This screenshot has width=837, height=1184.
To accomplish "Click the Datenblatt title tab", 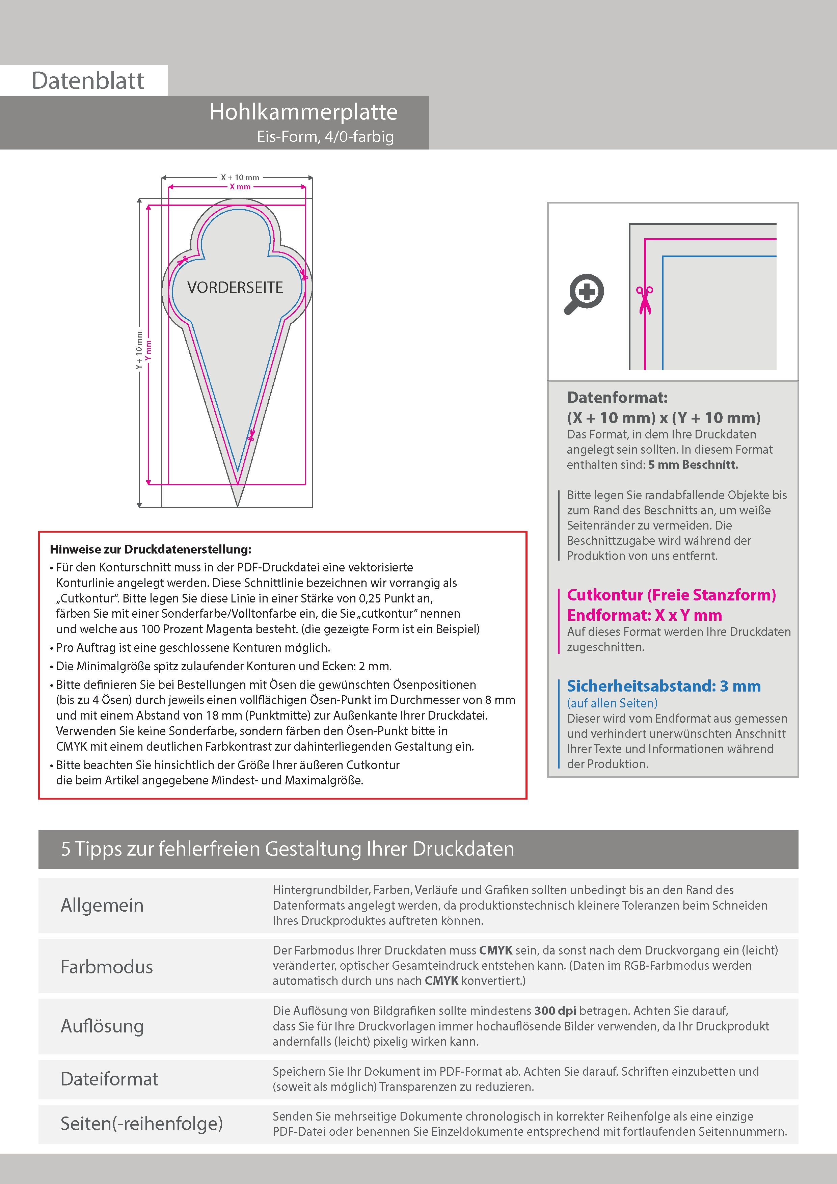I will coord(88,80).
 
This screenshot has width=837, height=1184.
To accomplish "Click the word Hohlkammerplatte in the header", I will coord(303,112).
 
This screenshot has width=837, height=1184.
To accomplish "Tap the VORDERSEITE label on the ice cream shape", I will coord(235,287).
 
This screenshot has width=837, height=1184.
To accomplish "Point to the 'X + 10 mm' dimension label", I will coord(240,178).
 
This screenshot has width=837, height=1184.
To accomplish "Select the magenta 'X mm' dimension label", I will coord(240,187).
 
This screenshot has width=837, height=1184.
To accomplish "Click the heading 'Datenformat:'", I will coord(617,398).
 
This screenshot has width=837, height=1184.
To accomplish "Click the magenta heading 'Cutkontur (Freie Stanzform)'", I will coord(671,595).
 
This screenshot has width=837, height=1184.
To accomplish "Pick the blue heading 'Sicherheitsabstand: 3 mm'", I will coord(663,687).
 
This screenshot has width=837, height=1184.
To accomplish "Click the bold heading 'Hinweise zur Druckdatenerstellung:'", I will coord(151,549).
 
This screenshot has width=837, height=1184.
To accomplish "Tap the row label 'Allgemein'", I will coord(102,905).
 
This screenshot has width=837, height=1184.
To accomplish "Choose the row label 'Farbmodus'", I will coord(107,966).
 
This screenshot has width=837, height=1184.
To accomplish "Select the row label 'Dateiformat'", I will coord(109,1079).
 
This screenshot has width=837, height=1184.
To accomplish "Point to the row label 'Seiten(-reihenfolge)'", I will coord(142,1123).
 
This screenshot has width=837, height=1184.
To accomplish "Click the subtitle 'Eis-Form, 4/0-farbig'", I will coord(325,137).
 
